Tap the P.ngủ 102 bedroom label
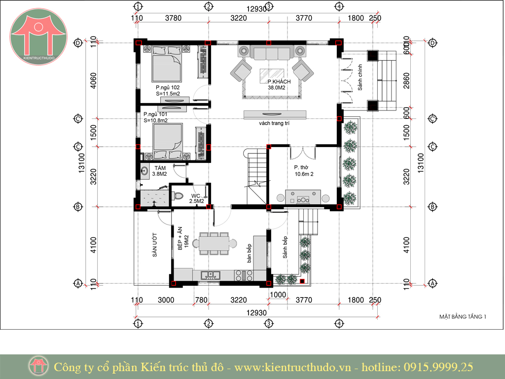tap(168, 91)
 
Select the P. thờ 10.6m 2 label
tap(304, 171)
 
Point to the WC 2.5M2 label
tap(196, 198)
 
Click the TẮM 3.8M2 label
tap(159, 171)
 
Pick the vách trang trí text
tap(274, 123)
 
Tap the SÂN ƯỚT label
tap(154, 245)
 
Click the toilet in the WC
tap(178, 195)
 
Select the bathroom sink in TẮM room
tap(144, 171)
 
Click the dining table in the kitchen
tap(214, 244)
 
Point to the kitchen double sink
tap(210, 275)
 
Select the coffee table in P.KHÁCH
tap(272, 75)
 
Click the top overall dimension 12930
tap(256, 9)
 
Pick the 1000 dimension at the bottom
tap(278, 295)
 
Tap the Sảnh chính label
tap(360, 77)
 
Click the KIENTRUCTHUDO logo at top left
tap(38, 36)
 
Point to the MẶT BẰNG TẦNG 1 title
tap(463, 317)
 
